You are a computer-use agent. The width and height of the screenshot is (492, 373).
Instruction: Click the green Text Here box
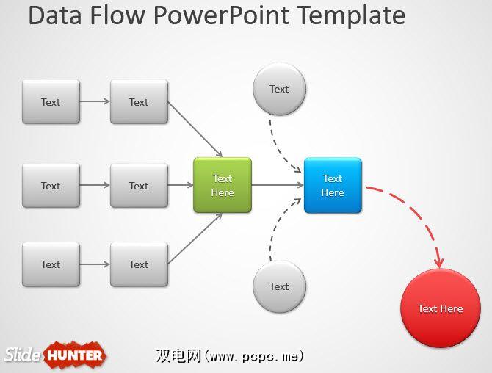point(223,186)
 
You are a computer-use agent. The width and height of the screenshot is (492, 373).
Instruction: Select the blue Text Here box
point(333,186)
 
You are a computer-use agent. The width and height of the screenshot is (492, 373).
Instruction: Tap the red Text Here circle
point(441,308)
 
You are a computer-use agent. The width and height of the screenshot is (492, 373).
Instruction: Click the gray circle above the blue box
point(279,90)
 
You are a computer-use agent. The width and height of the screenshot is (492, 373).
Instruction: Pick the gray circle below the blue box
point(279,286)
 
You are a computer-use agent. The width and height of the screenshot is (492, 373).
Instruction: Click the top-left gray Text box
point(51,102)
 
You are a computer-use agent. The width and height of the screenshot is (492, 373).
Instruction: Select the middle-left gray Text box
point(51,186)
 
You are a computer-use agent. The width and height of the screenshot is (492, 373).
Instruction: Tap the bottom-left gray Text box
point(51,264)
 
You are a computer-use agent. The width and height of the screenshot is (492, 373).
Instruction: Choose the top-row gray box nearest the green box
point(139,102)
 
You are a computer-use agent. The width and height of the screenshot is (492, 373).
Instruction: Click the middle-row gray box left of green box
point(139,186)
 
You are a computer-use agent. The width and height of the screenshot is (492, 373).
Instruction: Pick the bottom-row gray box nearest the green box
point(139,264)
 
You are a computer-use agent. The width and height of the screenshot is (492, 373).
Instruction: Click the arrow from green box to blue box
point(278,186)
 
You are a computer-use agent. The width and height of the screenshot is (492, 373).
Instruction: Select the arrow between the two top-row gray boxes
point(95,102)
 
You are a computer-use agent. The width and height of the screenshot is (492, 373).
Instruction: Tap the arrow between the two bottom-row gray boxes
point(95,264)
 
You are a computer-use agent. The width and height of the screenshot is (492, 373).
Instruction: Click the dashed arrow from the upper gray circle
point(278,143)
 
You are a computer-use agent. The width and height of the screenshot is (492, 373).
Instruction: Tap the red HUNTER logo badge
point(76,356)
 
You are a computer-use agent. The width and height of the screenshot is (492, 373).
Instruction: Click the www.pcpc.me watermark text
point(253,356)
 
